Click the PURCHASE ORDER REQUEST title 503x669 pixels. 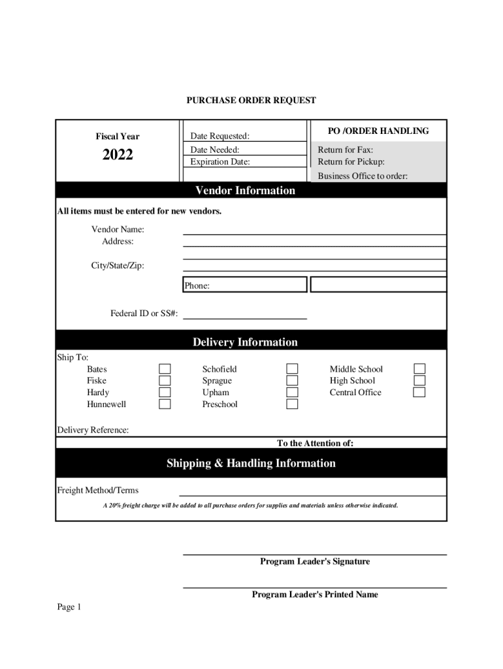coord(251,101)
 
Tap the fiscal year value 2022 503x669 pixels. coord(118,155)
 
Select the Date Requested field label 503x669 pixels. coord(219,137)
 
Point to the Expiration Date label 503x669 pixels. coord(219,162)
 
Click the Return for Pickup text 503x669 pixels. coord(351,162)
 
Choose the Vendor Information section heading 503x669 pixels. coord(245,191)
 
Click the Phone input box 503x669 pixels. coord(244,285)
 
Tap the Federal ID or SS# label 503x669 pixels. coord(144,314)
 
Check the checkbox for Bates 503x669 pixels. coord(165,369)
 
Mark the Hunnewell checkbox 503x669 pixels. coord(165,404)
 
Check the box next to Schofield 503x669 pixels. coord(293,369)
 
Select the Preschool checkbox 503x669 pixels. coord(293,404)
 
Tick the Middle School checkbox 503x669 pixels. coord(419,369)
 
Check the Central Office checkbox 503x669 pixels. coord(419,393)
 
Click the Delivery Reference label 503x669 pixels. coord(93,430)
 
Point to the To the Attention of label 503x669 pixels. coord(315,444)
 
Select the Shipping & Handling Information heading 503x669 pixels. coord(251,464)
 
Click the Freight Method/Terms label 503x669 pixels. coord(98,491)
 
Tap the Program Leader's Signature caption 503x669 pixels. coord(315,562)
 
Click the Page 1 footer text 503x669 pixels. coord(69,608)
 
